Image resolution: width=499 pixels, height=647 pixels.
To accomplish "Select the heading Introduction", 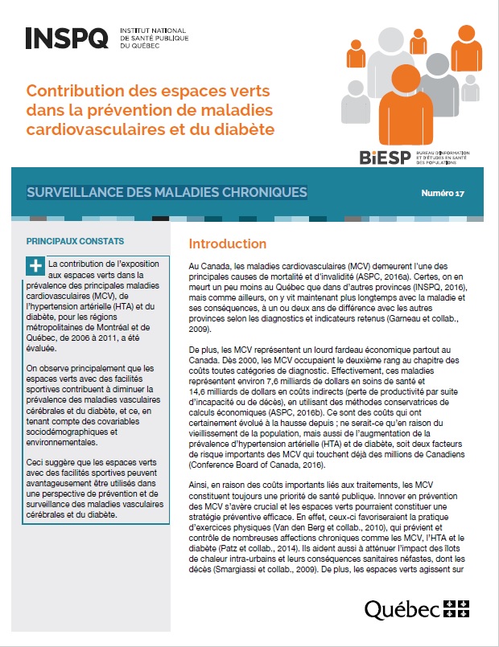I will coord(227,244).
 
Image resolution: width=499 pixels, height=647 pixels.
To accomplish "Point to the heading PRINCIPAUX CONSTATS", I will coord(75,240).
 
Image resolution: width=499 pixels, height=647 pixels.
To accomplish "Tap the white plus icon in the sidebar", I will coord(35,266).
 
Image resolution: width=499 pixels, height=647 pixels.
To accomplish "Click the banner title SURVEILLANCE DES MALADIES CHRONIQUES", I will coord(167,193).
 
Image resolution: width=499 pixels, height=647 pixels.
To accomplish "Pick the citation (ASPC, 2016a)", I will coord(389,275).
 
